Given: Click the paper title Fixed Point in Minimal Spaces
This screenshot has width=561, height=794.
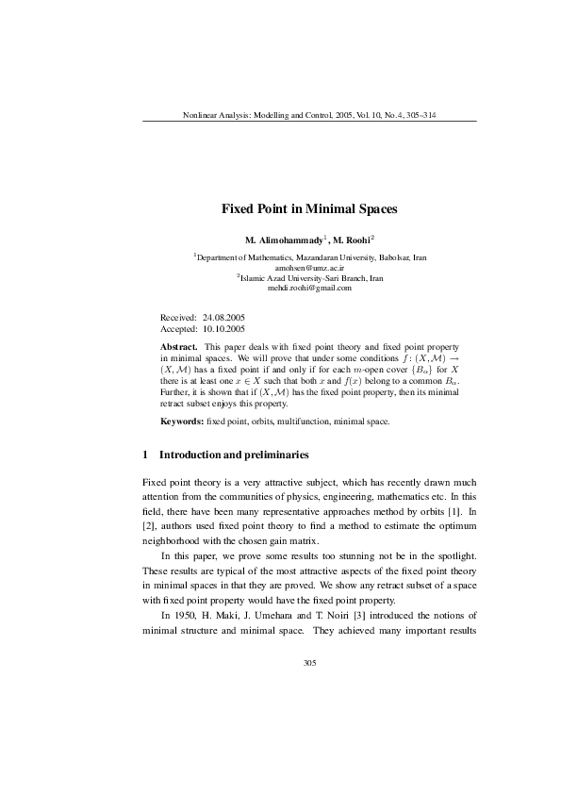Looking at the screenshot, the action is (x=309, y=207).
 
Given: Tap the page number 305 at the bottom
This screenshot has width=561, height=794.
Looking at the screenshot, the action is (x=309, y=663).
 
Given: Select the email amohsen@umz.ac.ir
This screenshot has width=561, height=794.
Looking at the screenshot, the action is (x=309, y=268).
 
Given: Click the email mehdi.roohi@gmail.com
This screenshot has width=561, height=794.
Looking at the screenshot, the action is (x=309, y=288).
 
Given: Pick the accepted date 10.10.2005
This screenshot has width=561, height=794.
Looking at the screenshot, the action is (x=223, y=330).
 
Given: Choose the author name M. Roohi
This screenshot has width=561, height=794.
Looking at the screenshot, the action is (x=354, y=240).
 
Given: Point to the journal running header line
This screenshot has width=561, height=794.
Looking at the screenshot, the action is (x=309, y=115).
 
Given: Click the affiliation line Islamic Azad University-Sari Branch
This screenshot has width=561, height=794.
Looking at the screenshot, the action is (x=311, y=278).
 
